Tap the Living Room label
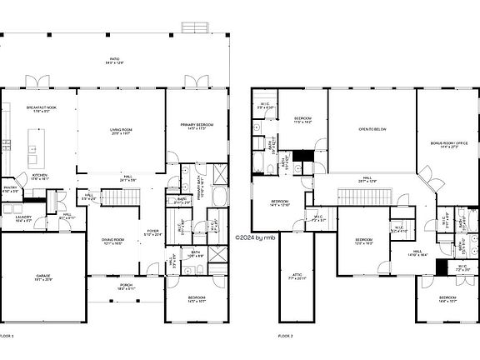(122, 130)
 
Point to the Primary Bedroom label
(197, 127)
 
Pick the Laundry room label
(24, 218)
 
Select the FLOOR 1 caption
(7, 335)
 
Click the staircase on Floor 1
(123, 197)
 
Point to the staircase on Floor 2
(359, 196)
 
